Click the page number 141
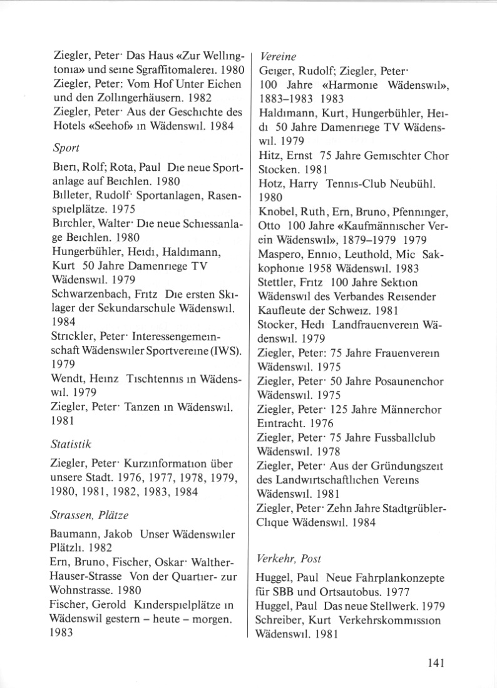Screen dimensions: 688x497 coord(434,664)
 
